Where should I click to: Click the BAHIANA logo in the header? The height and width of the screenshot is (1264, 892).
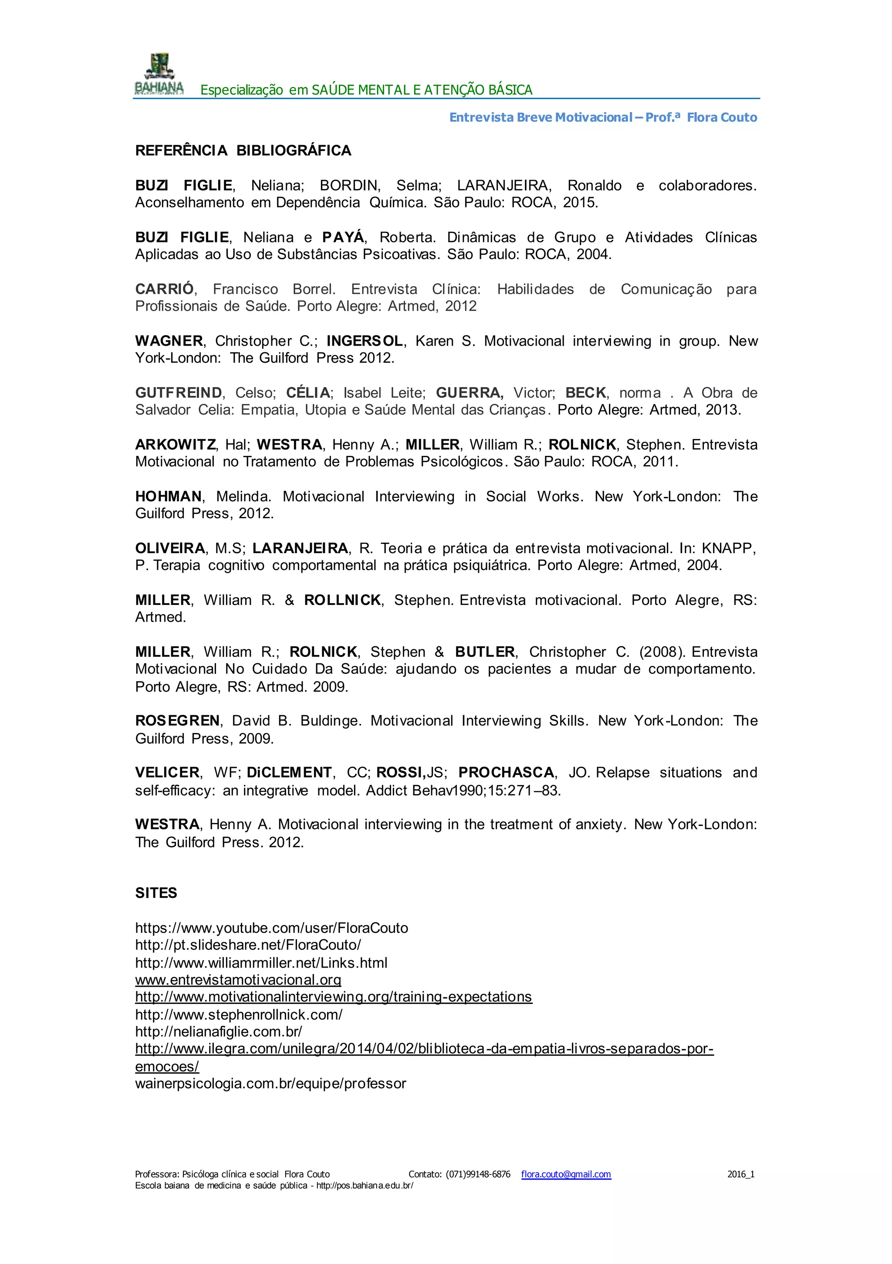159,75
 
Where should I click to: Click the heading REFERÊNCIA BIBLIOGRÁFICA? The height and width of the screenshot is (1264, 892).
243,151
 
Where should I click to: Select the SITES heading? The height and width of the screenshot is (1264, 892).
156,893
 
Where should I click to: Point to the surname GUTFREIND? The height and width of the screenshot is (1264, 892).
178,393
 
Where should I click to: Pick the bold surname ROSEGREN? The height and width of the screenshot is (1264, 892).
177,720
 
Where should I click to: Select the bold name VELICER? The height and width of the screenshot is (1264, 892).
167,772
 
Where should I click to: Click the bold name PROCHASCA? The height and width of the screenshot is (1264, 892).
506,772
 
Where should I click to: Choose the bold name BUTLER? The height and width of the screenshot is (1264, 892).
485,652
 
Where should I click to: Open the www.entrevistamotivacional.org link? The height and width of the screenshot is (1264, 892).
238,979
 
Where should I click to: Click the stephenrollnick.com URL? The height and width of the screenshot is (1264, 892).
238,1014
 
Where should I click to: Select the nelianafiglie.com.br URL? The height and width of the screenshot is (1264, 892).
219,1031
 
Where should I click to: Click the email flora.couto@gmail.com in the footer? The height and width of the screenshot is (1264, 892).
566,1174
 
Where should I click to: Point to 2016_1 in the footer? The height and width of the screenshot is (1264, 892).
741,1174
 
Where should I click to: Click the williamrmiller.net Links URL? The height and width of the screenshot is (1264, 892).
261,962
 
